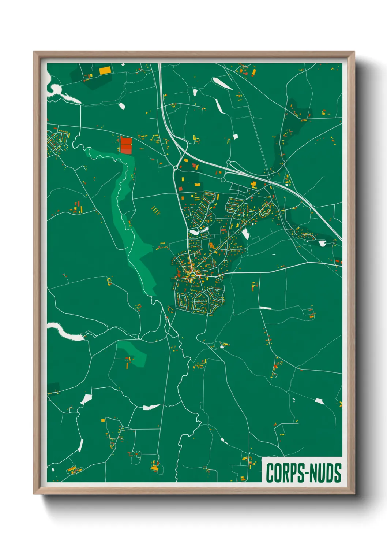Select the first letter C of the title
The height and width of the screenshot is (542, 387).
point(270,473)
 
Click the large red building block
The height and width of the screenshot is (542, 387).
point(126,145)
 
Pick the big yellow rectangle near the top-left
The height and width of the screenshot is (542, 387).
point(105,70)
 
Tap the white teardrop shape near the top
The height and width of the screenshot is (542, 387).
point(222,83)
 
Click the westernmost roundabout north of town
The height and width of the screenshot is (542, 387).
point(176,168)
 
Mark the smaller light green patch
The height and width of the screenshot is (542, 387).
point(134,352)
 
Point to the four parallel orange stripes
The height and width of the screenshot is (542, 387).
point(156,210)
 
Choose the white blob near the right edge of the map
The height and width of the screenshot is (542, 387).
point(322,243)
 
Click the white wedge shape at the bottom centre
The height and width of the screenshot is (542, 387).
point(151,407)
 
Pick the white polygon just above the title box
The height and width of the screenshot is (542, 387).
point(319,401)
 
